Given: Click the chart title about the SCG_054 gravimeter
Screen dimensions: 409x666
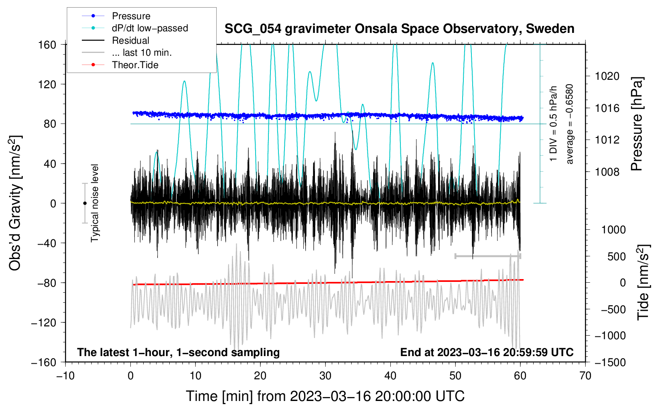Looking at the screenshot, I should [399, 29].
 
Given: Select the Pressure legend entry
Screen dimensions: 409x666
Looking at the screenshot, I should [131, 16].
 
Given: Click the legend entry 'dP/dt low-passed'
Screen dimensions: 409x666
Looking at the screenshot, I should [150, 28].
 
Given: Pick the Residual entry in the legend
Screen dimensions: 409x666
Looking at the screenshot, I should [130, 40].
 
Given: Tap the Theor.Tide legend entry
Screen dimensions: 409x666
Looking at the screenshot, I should [135, 65].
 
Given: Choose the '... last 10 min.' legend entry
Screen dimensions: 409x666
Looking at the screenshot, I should [142, 53].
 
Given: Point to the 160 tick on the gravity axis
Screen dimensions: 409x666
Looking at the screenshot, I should [47, 45].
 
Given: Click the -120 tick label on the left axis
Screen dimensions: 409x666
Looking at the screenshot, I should [44, 322].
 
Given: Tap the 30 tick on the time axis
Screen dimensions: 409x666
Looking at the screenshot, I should [325, 376].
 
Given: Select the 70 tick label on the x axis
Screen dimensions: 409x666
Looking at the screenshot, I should [585, 376].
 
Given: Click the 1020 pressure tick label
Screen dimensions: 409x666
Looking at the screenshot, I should [607, 76].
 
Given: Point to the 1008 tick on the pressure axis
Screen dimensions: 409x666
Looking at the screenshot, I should [607, 172].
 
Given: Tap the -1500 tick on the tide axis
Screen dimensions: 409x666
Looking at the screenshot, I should [610, 362].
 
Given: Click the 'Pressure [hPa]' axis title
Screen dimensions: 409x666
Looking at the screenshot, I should [637, 124].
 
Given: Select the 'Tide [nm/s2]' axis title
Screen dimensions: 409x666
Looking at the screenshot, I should [643, 282].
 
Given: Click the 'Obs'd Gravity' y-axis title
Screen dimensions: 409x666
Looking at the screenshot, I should [15, 203].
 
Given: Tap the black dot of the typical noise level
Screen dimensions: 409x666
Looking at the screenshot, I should [85, 203].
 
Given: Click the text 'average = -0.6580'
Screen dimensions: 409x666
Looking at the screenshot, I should [570, 124].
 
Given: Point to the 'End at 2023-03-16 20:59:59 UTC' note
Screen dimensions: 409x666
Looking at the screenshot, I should [487, 352].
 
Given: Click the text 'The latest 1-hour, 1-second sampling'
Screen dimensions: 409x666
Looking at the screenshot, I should [178, 352].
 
